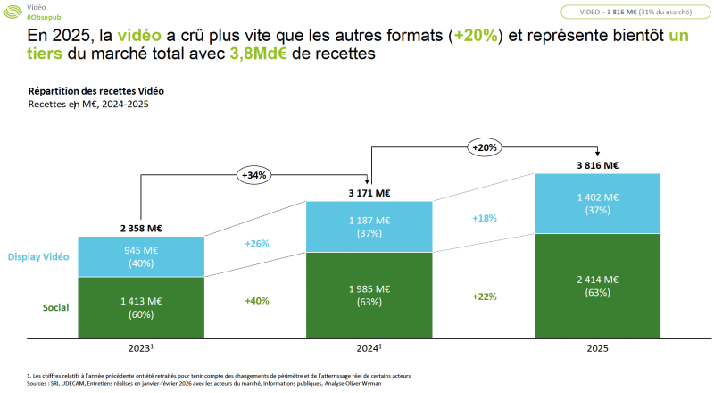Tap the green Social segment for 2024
coord(369,295)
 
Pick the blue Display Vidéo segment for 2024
coord(369,227)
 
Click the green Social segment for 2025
coord(597,285)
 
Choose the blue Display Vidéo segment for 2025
coord(597,203)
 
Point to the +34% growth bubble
coord(254,175)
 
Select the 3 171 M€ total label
coord(369,192)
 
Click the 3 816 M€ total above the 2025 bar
coord(597,164)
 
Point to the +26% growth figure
coord(256,243)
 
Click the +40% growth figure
coord(256,301)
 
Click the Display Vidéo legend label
coord(38,257)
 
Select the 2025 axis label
coord(597,348)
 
